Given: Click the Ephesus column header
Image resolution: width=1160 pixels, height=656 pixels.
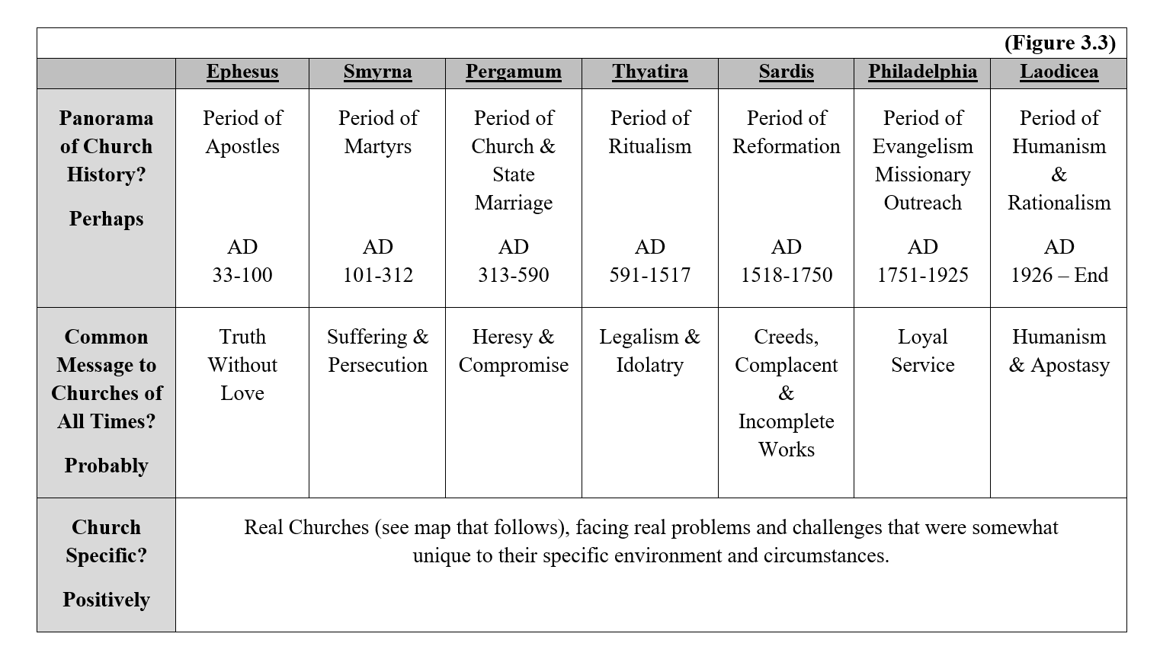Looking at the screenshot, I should [x=242, y=72].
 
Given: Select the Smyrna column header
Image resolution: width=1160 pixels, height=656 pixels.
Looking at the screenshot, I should [x=377, y=72].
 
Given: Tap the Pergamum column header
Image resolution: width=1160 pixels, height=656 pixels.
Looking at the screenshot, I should [x=514, y=72].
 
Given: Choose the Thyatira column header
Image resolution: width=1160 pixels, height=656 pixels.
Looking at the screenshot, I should [x=649, y=72].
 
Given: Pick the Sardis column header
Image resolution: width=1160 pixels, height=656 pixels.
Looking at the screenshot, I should [x=786, y=72].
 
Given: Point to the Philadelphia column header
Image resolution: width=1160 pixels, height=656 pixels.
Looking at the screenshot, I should [x=922, y=72].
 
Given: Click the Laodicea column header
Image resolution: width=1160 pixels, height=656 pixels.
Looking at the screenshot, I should [x=1059, y=72].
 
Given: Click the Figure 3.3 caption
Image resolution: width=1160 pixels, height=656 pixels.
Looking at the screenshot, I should [x=1059, y=43].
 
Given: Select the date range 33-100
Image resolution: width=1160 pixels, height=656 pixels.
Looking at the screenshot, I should [x=242, y=275].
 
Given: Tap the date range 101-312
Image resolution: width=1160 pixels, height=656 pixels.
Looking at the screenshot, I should [x=378, y=275].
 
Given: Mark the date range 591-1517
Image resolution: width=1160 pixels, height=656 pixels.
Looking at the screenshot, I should [x=649, y=275].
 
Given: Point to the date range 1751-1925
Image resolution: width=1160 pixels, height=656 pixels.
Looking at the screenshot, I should [x=922, y=275].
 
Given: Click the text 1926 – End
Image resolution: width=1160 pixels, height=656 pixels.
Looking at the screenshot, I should [x=1059, y=275].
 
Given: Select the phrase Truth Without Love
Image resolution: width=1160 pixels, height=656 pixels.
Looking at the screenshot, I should [x=242, y=365].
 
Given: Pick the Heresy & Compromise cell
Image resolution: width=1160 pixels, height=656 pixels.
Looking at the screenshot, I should [x=514, y=351].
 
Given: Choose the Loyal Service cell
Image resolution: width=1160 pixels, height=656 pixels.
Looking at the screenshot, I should [x=922, y=351].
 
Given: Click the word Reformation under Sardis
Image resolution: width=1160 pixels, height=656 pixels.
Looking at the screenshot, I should [x=786, y=146].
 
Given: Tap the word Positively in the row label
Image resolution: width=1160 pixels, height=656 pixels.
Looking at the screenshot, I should [x=106, y=600].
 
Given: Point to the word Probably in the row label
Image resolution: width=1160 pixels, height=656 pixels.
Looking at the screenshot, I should [x=106, y=466].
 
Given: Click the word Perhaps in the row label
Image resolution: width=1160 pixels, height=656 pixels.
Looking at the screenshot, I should [x=106, y=219].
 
